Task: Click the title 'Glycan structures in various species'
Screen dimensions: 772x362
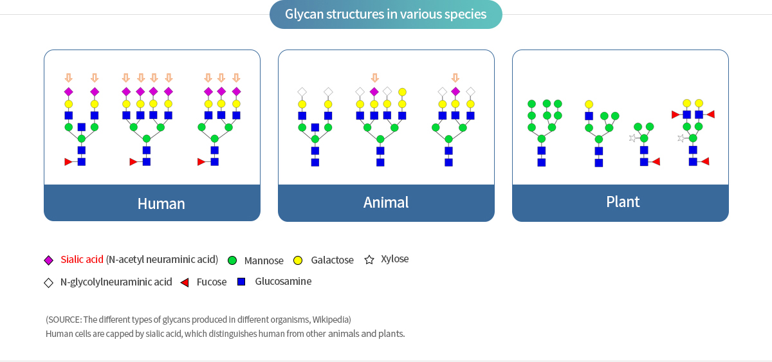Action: [385, 14]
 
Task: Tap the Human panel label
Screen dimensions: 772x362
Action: [161, 204]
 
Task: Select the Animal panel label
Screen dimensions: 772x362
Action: [386, 202]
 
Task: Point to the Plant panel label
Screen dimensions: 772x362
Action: [623, 202]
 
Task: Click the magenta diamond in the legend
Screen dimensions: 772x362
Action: [49, 260]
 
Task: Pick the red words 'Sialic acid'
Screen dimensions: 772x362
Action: [82, 259]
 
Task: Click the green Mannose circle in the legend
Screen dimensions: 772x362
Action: [232, 261]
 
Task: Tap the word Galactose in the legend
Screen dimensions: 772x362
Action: [332, 260]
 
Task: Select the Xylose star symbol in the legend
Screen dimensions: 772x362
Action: [369, 260]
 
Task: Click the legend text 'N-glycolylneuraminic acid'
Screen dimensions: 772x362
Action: [116, 282]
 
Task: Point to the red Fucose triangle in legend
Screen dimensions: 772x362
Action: [185, 283]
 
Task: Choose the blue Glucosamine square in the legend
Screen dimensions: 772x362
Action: [241, 282]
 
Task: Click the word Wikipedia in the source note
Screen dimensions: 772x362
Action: [331, 320]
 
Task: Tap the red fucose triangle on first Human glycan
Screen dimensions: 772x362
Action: [68, 162]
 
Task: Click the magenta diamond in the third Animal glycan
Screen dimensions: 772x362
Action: [455, 91]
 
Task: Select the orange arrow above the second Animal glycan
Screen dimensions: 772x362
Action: [375, 78]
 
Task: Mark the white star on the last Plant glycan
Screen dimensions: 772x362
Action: [681, 138]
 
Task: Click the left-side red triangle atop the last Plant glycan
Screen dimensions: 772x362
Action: [675, 114]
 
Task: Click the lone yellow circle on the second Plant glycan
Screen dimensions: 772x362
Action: [589, 104]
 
